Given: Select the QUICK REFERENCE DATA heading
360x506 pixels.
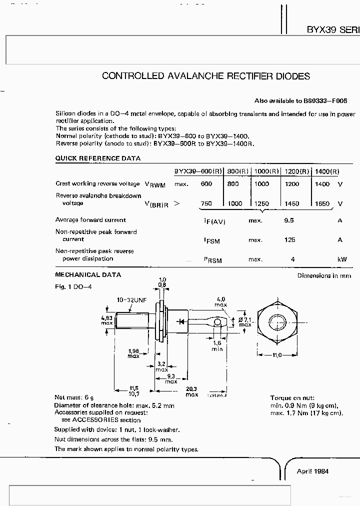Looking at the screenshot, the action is (97, 158).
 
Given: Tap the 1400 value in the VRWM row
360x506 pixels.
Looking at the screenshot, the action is (322, 184).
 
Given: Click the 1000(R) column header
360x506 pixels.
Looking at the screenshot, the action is (266, 171).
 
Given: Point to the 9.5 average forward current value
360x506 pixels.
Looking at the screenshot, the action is (288, 220).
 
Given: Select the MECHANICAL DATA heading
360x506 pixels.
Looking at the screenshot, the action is (87, 275).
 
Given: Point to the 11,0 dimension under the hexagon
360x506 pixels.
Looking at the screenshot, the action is (276, 355).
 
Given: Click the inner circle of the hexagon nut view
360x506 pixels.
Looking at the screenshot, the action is (276, 321).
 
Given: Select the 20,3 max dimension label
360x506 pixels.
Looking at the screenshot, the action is (192, 391).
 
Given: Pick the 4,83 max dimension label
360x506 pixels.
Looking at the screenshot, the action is (106, 320).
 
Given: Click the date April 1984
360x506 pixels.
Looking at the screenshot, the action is (313, 471).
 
